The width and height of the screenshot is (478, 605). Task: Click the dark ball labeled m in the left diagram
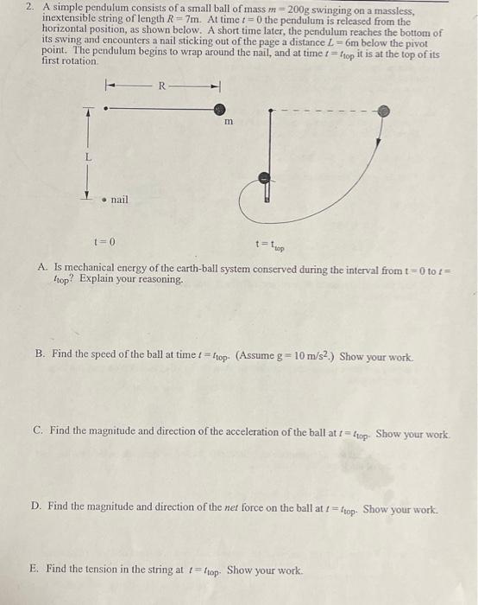click(x=221, y=109)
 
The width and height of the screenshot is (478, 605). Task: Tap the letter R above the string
click(x=161, y=85)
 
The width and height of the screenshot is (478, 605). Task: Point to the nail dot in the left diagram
click(x=104, y=200)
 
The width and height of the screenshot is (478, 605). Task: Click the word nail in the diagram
click(x=119, y=200)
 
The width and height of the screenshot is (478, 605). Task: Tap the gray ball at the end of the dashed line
click(x=384, y=111)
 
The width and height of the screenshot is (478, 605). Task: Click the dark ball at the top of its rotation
click(x=265, y=177)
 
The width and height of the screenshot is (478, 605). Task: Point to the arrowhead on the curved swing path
click(x=379, y=127)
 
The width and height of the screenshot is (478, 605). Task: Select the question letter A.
click(x=42, y=268)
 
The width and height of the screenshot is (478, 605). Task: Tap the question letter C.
click(x=37, y=430)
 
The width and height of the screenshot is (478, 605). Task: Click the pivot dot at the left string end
click(x=105, y=109)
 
